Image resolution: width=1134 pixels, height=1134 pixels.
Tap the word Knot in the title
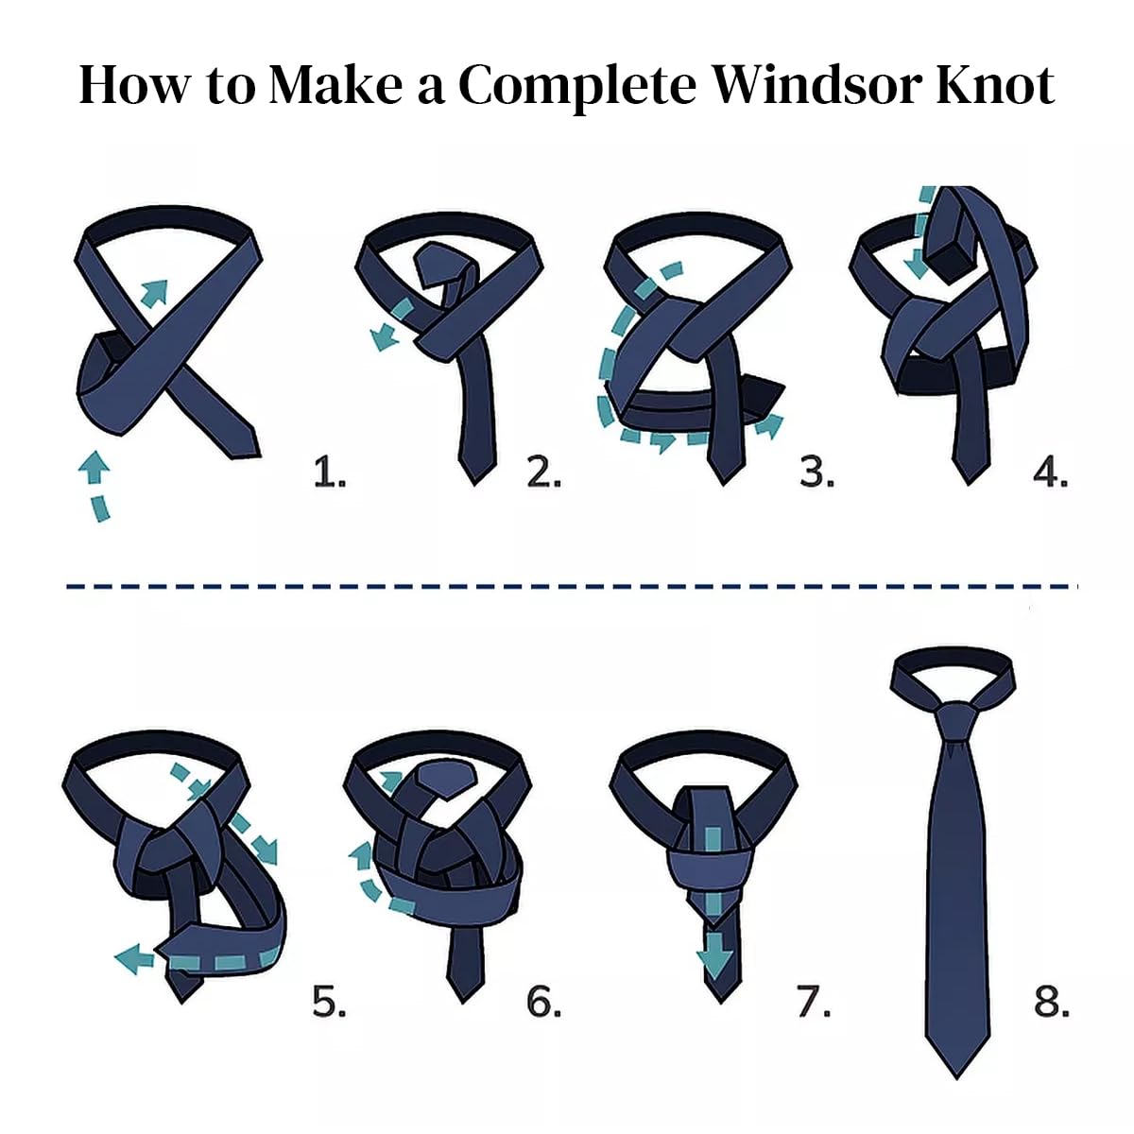point(996,85)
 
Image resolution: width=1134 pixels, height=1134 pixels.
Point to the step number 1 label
point(330,473)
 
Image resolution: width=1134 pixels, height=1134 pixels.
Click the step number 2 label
point(543,473)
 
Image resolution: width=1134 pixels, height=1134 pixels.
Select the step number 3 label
point(816,473)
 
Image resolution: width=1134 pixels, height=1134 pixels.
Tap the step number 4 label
point(1051,473)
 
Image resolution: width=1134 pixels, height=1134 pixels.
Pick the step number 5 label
point(329,1002)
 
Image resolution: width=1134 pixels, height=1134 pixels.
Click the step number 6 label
point(543,1002)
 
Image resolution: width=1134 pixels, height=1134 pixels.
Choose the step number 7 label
point(814,1002)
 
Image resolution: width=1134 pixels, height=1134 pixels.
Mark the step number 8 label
point(1051,1002)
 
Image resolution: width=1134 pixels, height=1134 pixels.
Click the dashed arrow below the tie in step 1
point(97,485)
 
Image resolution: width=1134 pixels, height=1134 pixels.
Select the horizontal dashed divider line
point(572,586)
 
